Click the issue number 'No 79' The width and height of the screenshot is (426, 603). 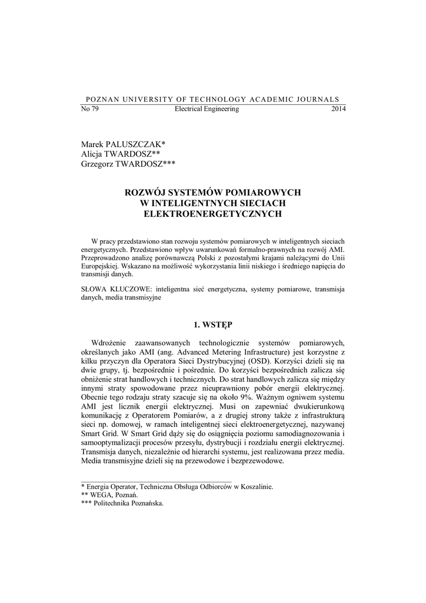tap(89, 110)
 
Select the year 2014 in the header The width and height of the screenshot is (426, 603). tap(339, 110)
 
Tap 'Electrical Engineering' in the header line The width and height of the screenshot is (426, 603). tap(207, 110)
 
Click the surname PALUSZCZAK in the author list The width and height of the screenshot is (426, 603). tap(135, 144)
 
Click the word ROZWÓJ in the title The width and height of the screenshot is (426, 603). tap(145, 193)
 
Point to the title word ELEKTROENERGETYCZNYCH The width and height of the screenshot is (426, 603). tap(213, 214)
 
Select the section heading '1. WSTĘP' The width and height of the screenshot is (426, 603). tap(213, 324)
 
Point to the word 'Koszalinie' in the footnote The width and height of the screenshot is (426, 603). tap(254, 487)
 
